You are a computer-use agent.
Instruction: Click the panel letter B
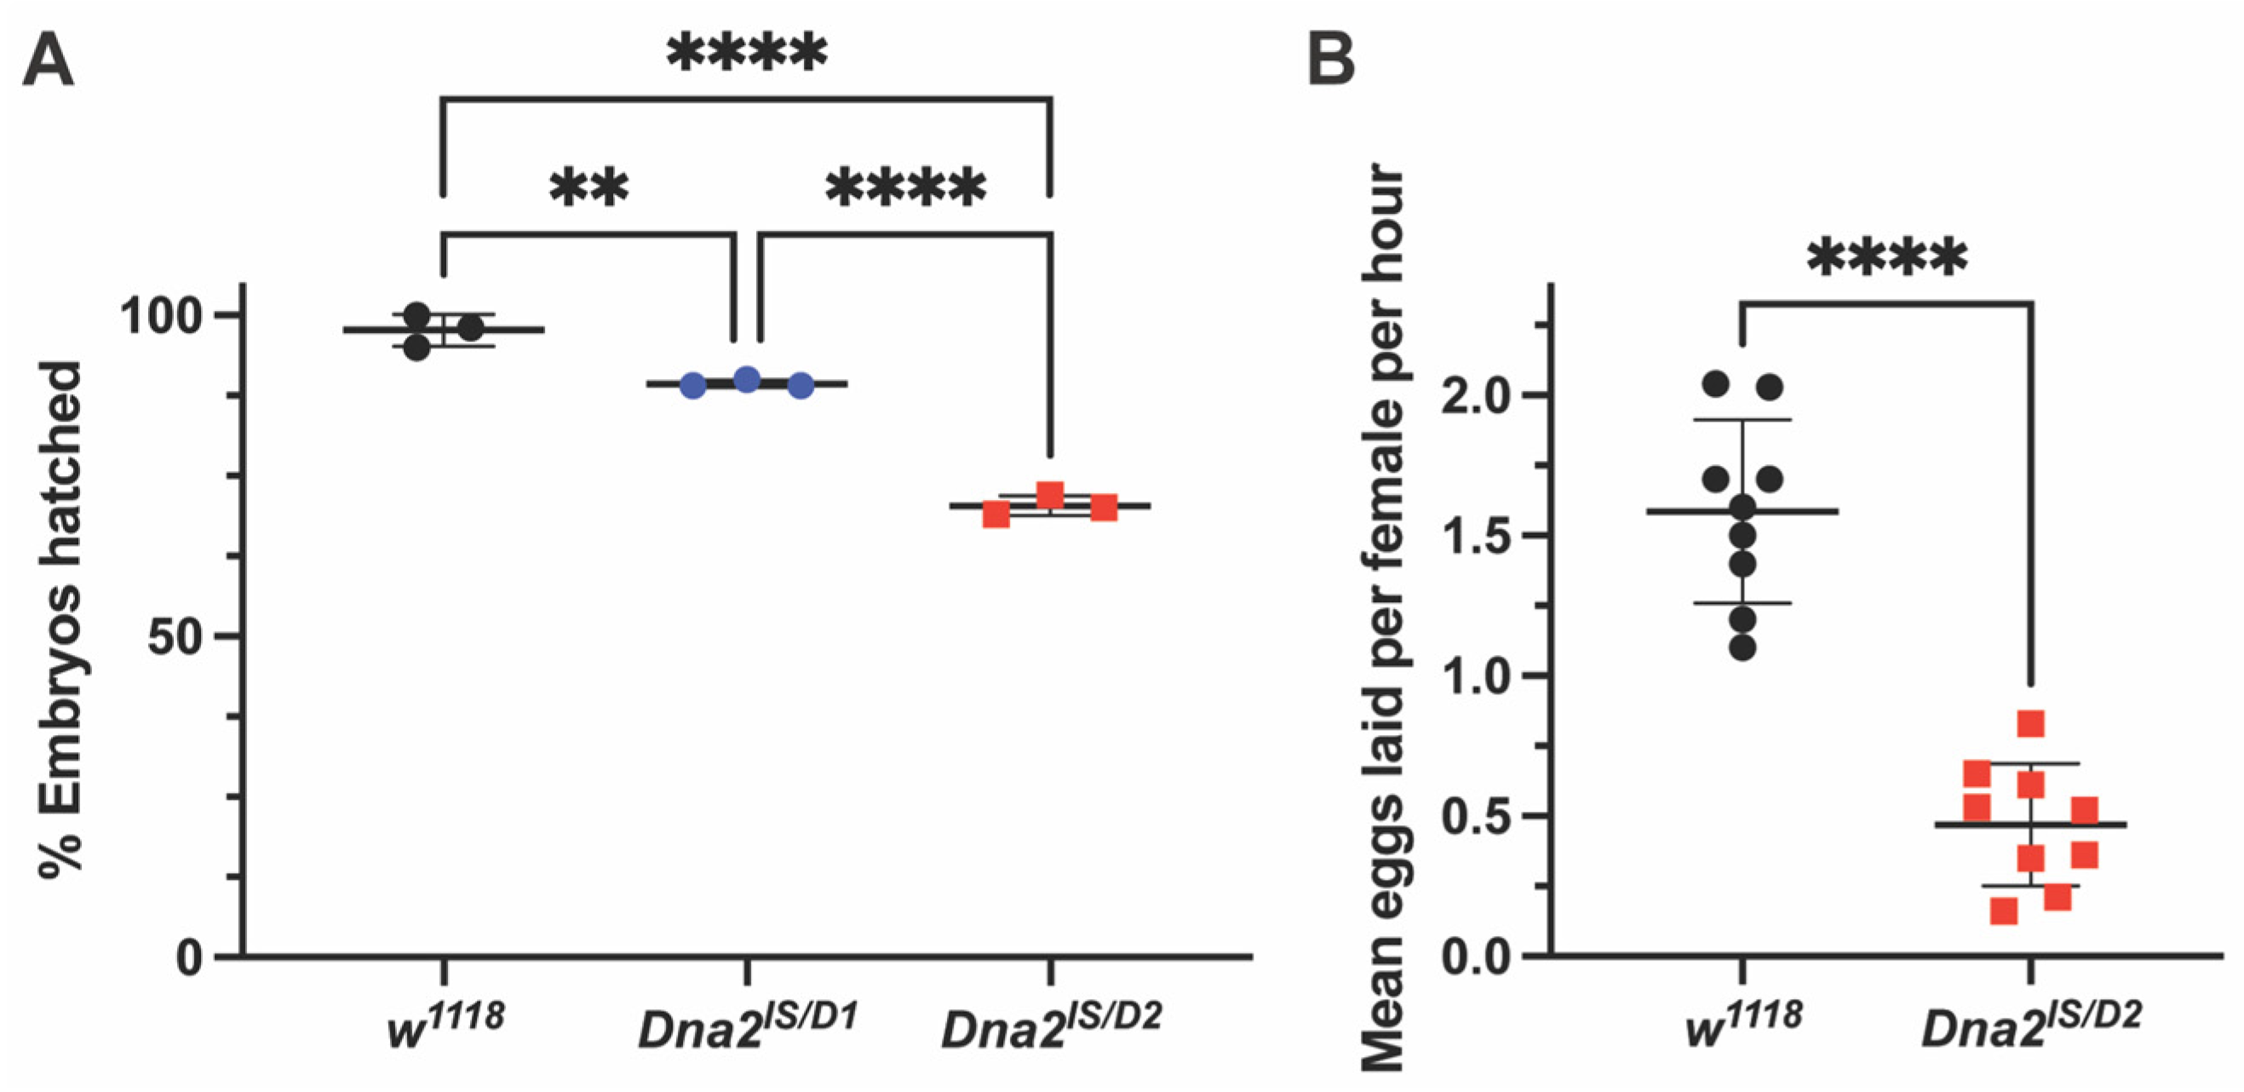tap(1331, 60)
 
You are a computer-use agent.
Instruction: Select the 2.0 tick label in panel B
tap(1474, 398)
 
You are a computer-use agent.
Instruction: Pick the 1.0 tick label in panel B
tap(1474, 677)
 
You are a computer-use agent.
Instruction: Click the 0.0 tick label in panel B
tap(1474, 957)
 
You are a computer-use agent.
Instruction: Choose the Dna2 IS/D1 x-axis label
tap(748, 1026)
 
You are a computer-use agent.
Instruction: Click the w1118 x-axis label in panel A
tap(445, 1026)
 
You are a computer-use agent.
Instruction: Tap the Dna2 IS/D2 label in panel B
tap(2030, 1026)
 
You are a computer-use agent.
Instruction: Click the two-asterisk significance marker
tap(588, 187)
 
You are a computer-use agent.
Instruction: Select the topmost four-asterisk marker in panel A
tap(747, 55)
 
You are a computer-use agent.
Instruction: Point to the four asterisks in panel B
tap(1887, 258)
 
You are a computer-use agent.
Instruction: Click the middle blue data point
tap(747, 379)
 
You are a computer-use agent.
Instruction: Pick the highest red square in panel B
tap(2030, 724)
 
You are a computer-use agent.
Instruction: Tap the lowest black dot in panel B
tap(1742, 647)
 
